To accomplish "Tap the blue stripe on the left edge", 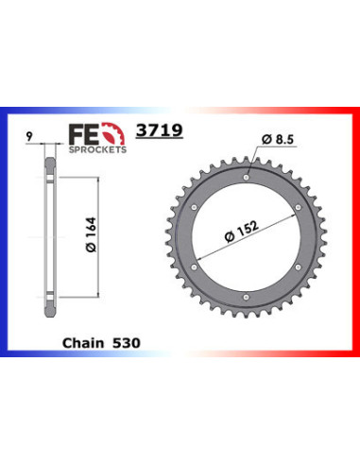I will [x=6, y=236].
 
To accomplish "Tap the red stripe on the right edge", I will [x=354, y=236].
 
